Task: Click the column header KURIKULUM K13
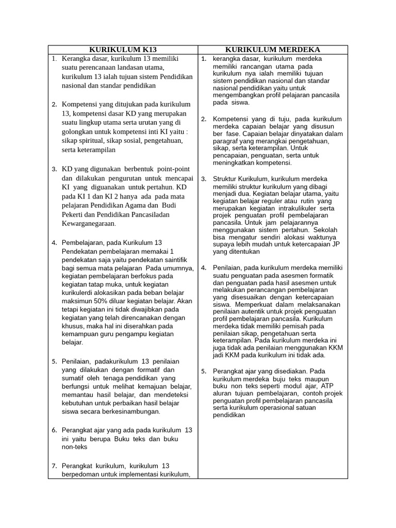[x=123, y=49]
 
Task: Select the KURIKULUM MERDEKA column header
[x=273, y=49]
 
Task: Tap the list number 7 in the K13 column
[x=54, y=465]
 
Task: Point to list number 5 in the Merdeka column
[x=203, y=371]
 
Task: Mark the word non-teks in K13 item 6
[x=73, y=447]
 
